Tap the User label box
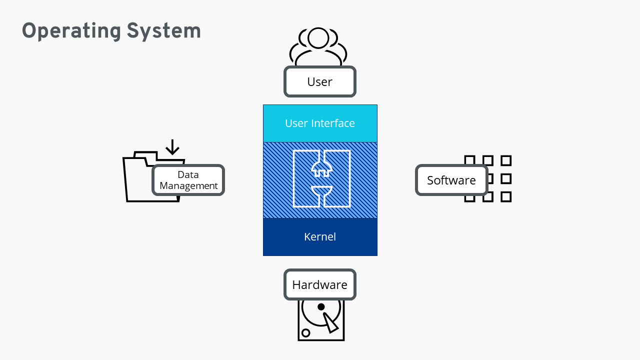coord(320,81)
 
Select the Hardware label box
coord(320,285)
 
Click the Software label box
coord(451,180)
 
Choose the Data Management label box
coord(188,180)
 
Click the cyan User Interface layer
coord(320,123)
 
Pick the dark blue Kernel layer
coord(320,236)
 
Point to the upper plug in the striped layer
coord(321,167)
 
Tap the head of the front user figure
coord(318,37)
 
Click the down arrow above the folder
coord(172,147)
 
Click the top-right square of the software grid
coord(506,160)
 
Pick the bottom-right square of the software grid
coord(506,196)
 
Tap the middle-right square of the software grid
coord(506,178)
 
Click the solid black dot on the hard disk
coord(321,306)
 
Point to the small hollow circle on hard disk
coord(306,332)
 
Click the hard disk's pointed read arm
coord(330,322)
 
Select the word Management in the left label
coord(188,186)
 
